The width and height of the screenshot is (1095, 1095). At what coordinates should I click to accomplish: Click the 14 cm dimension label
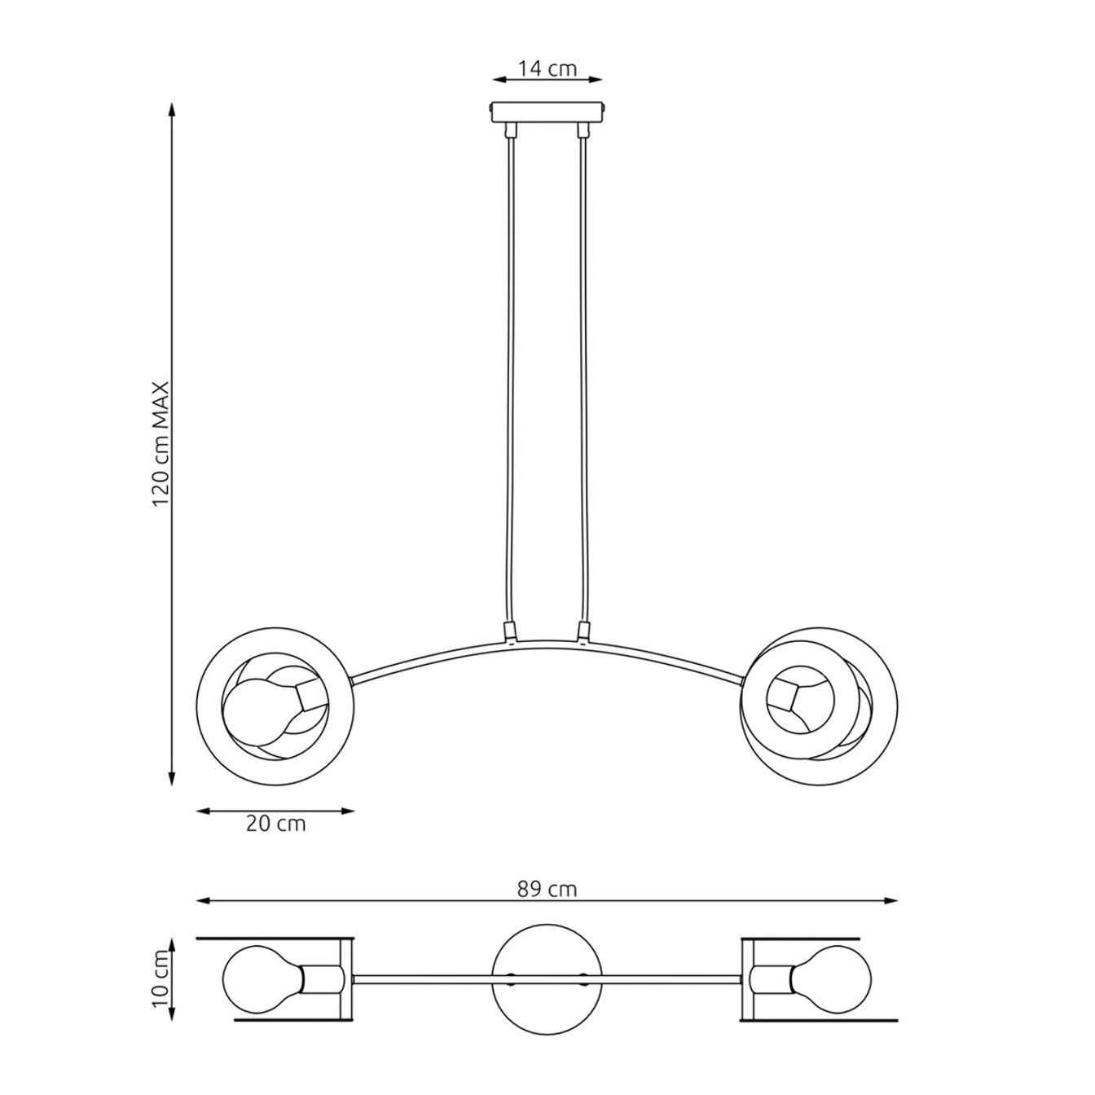[547, 68]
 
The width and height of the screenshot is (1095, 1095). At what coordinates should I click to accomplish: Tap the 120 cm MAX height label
[162, 445]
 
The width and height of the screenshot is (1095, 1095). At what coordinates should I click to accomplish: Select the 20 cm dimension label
[275, 824]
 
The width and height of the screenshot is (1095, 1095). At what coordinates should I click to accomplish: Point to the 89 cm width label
[547, 890]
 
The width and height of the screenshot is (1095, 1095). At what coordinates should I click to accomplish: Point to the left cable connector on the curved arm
[510, 631]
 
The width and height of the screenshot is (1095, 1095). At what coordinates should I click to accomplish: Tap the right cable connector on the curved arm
[583, 631]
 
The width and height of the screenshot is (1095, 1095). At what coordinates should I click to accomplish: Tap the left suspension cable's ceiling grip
[511, 131]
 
